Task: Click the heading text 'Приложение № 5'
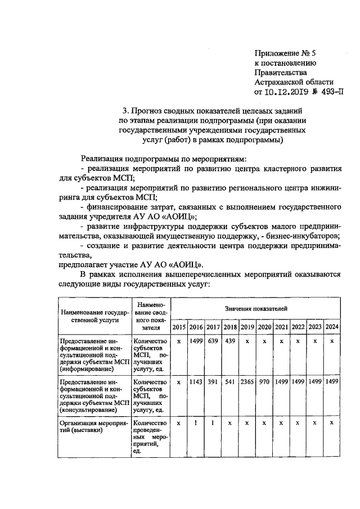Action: coord(285,53)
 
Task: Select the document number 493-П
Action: coord(329,93)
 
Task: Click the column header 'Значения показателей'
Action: coord(256,309)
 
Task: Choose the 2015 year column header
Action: coord(179,327)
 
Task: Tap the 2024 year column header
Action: coord(332,327)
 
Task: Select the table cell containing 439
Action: coord(230,341)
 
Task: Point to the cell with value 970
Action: coord(264,382)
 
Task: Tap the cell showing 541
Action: coord(230,382)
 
